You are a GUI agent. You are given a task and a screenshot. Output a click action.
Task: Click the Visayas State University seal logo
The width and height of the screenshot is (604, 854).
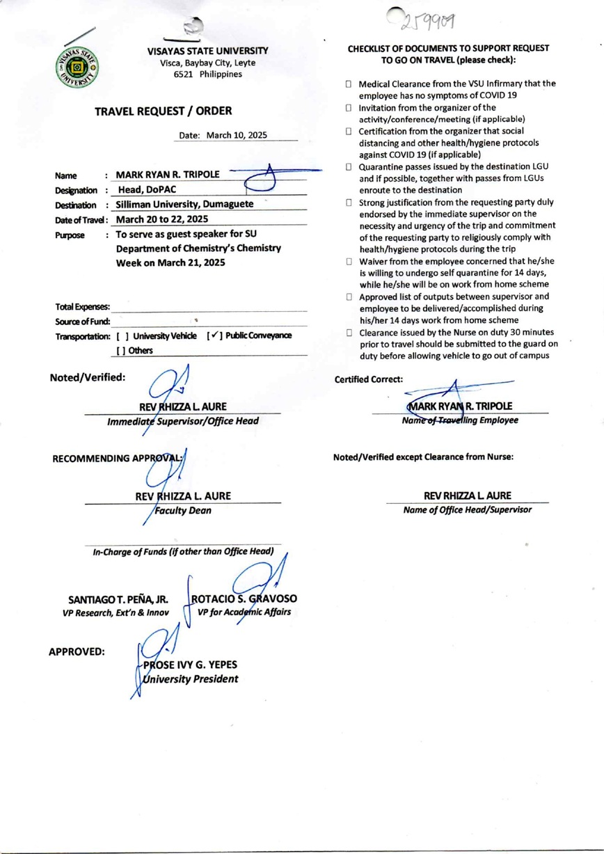(77, 68)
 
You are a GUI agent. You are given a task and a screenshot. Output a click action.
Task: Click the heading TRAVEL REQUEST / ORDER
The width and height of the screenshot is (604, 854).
(164, 111)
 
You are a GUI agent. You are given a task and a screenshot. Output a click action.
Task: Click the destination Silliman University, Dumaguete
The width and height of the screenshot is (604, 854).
(184, 205)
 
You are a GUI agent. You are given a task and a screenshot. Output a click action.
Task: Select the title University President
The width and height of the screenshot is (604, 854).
(190, 679)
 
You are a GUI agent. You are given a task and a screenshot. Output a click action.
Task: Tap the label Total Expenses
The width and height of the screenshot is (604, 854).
(81, 307)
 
